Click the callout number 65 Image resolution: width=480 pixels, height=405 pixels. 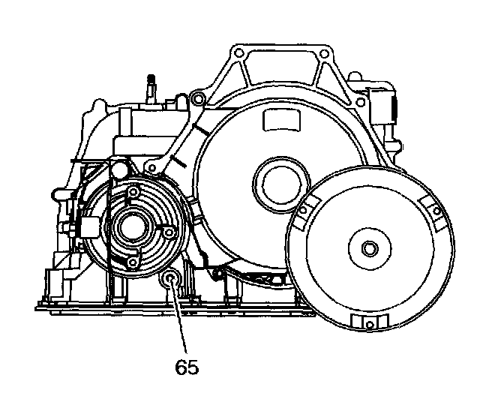[x=187, y=368]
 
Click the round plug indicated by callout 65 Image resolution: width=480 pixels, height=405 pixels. [x=171, y=281]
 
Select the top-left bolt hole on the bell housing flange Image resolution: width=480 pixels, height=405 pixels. [x=238, y=53]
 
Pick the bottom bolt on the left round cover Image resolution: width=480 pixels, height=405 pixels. [x=133, y=262]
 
